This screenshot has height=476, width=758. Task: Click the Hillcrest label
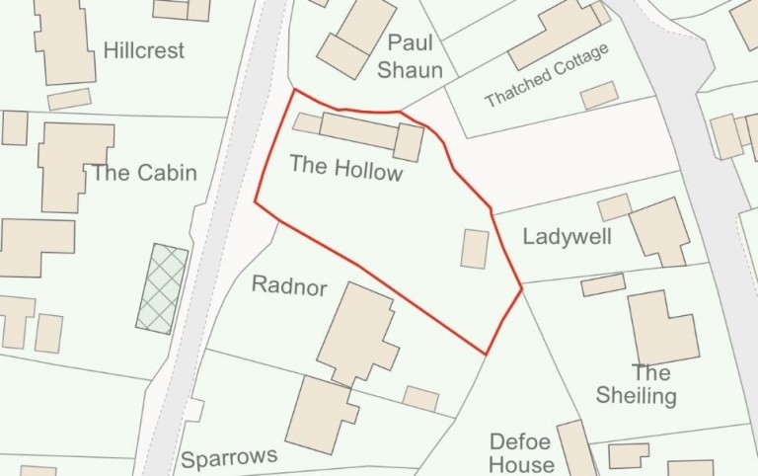click(144, 50)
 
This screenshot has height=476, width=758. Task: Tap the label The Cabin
click(144, 174)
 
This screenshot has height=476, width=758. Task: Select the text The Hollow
click(346, 168)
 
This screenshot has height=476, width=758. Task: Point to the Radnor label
click(282, 284)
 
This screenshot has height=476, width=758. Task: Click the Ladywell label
click(568, 237)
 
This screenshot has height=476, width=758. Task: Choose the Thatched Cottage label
click(547, 76)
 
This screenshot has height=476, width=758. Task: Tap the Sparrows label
click(229, 458)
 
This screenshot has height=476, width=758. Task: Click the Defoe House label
click(522, 454)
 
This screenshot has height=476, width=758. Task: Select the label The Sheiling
click(637, 384)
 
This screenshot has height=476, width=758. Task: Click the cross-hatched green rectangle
click(162, 288)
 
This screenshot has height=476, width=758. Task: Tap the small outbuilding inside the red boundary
click(475, 249)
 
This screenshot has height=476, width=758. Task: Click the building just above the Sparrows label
click(318, 413)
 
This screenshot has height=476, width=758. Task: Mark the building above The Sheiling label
click(661, 328)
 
